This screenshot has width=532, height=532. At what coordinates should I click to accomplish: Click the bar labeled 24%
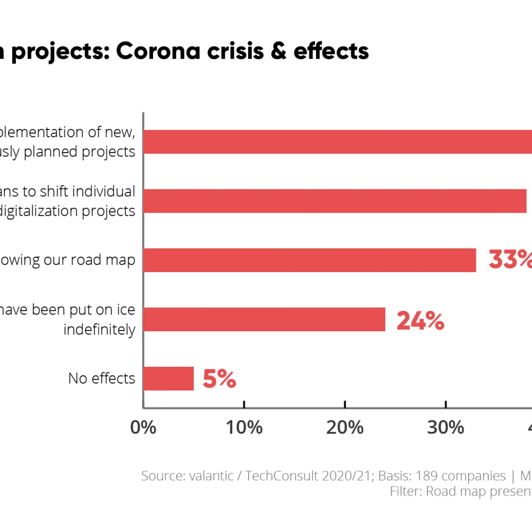(264, 319)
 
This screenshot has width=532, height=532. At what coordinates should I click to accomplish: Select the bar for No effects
(169, 379)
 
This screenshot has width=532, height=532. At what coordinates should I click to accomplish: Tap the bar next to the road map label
(309, 260)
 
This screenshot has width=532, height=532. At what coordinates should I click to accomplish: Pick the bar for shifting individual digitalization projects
(335, 201)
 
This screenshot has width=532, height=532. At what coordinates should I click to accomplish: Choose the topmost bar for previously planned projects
(338, 142)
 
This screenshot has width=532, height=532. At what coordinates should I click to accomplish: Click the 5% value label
(219, 379)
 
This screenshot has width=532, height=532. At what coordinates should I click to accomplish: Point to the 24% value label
(420, 321)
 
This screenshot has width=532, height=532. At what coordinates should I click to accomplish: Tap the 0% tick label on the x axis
(143, 428)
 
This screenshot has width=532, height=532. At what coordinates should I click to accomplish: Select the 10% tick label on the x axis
(244, 428)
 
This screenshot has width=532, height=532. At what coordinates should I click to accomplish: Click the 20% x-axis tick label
(345, 428)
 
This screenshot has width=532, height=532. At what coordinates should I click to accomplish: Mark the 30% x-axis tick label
(446, 428)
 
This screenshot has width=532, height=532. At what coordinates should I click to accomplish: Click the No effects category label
(101, 379)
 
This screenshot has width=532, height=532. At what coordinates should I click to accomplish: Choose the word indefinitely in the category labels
(99, 330)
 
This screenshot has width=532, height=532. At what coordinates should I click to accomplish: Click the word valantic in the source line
(210, 476)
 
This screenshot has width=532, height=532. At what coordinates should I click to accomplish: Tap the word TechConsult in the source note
(281, 476)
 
